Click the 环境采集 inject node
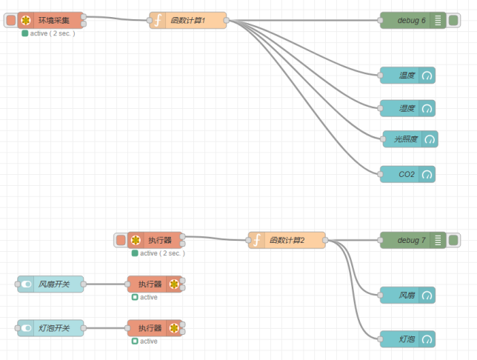coord(52,20)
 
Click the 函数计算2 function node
coord(287,240)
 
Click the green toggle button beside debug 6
coord(453,20)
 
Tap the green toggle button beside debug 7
coord(453,240)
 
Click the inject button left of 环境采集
coord(10,20)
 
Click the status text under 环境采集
coord(52,33)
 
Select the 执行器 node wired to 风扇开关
coord(155,284)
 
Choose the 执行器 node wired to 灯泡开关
coord(155,327)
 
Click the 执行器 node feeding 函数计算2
coord(156,240)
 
